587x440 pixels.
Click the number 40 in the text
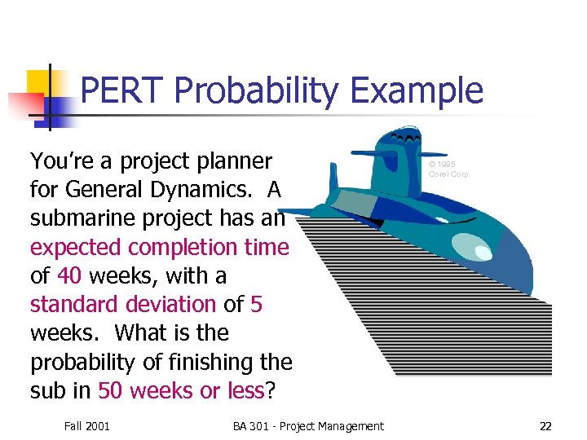tap(69, 275)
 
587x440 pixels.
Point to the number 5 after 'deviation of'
tap(257, 304)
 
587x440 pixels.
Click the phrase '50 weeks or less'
tap(181, 390)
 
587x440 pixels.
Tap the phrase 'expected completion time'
tap(159, 247)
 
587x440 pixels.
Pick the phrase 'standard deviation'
tap(122, 304)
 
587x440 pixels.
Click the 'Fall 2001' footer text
tap(86, 425)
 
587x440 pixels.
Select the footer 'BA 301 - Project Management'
tap(307, 425)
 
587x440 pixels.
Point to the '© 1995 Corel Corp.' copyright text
tap(448, 169)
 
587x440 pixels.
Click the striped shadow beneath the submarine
tap(457, 326)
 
